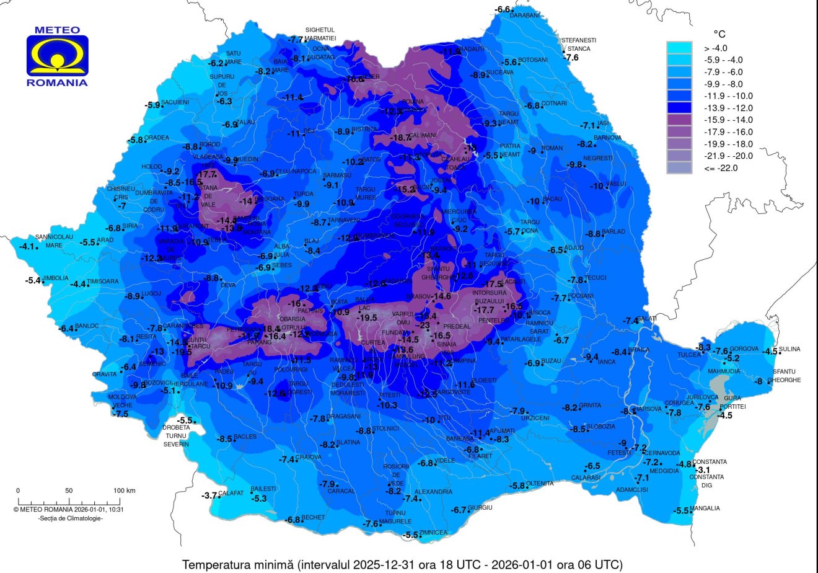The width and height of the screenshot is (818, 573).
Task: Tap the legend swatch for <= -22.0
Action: click(x=682, y=168)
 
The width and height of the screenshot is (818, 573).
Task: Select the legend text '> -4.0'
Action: click(x=715, y=48)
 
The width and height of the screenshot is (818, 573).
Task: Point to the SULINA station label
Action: click(x=789, y=349)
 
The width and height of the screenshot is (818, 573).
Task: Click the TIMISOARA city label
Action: click(x=103, y=282)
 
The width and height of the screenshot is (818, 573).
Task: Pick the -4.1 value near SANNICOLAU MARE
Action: click(x=27, y=246)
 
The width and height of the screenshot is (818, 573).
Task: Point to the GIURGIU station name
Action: click(x=480, y=508)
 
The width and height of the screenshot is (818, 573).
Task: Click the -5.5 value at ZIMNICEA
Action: click(x=410, y=535)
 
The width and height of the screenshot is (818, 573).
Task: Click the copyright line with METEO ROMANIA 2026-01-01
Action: click(x=69, y=509)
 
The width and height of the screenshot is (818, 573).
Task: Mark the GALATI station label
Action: click(x=646, y=319)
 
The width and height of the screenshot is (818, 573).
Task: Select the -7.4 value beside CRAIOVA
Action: click(x=286, y=460)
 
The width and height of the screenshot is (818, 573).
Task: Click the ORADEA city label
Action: click(x=157, y=138)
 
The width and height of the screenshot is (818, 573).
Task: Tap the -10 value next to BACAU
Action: click(x=534, y=201)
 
